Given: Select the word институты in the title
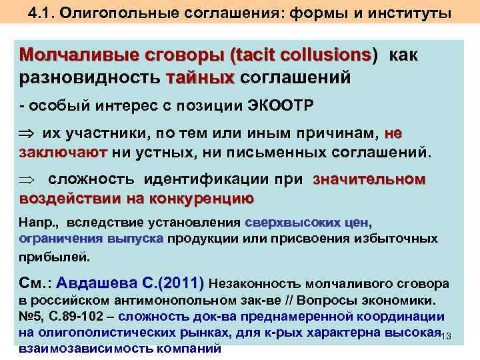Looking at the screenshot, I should point(411,13).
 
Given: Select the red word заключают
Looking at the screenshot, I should point(63,152).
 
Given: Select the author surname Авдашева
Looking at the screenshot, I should point(93,283).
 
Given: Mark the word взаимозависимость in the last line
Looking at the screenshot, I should point(73,349).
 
